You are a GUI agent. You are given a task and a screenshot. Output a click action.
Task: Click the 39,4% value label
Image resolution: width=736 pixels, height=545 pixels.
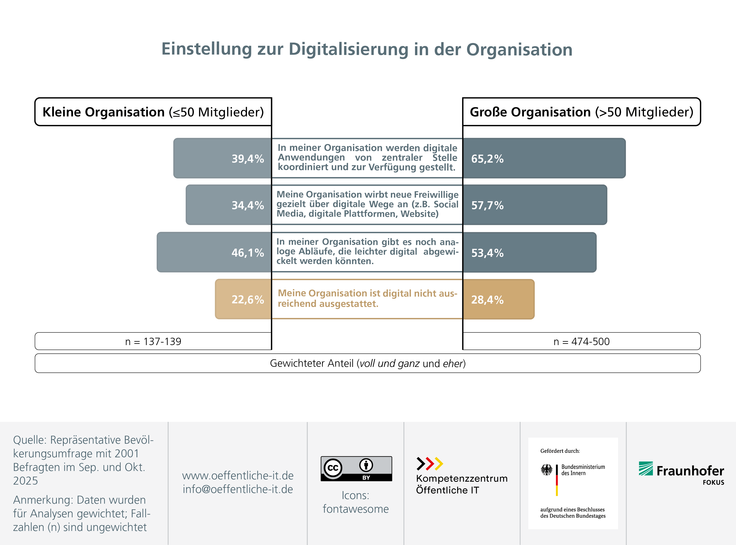coord(247,159)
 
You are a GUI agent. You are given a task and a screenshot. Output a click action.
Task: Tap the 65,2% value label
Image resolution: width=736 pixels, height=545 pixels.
coord(487,159)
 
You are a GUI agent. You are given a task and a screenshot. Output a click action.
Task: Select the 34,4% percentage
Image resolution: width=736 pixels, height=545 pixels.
coord(247,205)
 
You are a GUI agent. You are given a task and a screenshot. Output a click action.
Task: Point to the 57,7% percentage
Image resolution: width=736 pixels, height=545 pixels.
coord(487,205)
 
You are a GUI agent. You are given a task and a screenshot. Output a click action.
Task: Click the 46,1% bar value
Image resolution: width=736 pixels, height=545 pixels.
coord(247,253)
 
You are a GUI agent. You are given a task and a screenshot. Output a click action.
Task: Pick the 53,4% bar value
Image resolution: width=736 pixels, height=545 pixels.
coord(487,253)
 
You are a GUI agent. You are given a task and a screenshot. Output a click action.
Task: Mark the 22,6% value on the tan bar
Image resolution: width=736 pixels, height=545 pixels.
coord(247,300)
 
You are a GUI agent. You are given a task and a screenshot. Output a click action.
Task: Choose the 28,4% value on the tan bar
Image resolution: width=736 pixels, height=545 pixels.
coord(487,300)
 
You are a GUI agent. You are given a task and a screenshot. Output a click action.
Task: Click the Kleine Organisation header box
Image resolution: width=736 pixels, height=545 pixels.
coord(153,112)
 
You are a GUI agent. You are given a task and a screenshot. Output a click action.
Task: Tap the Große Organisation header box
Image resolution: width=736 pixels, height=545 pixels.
coord(581,112)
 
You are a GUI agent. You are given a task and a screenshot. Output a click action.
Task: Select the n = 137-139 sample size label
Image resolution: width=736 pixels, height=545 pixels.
coord(153,342)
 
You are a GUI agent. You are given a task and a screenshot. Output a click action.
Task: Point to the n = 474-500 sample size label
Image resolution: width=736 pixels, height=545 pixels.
coord(581,342)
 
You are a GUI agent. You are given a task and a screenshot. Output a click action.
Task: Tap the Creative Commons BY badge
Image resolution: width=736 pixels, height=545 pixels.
coord(356,468)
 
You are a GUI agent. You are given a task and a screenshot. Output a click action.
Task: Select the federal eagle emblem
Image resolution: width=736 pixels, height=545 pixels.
coord(546,470)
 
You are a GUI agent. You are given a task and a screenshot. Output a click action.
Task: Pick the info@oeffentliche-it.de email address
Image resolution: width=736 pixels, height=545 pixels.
coord(238,489)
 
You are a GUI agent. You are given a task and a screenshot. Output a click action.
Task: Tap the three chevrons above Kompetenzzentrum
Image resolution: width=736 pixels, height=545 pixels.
coord(429,464)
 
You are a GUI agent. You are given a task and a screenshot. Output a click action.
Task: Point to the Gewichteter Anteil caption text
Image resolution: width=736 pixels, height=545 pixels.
coord(368,363)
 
